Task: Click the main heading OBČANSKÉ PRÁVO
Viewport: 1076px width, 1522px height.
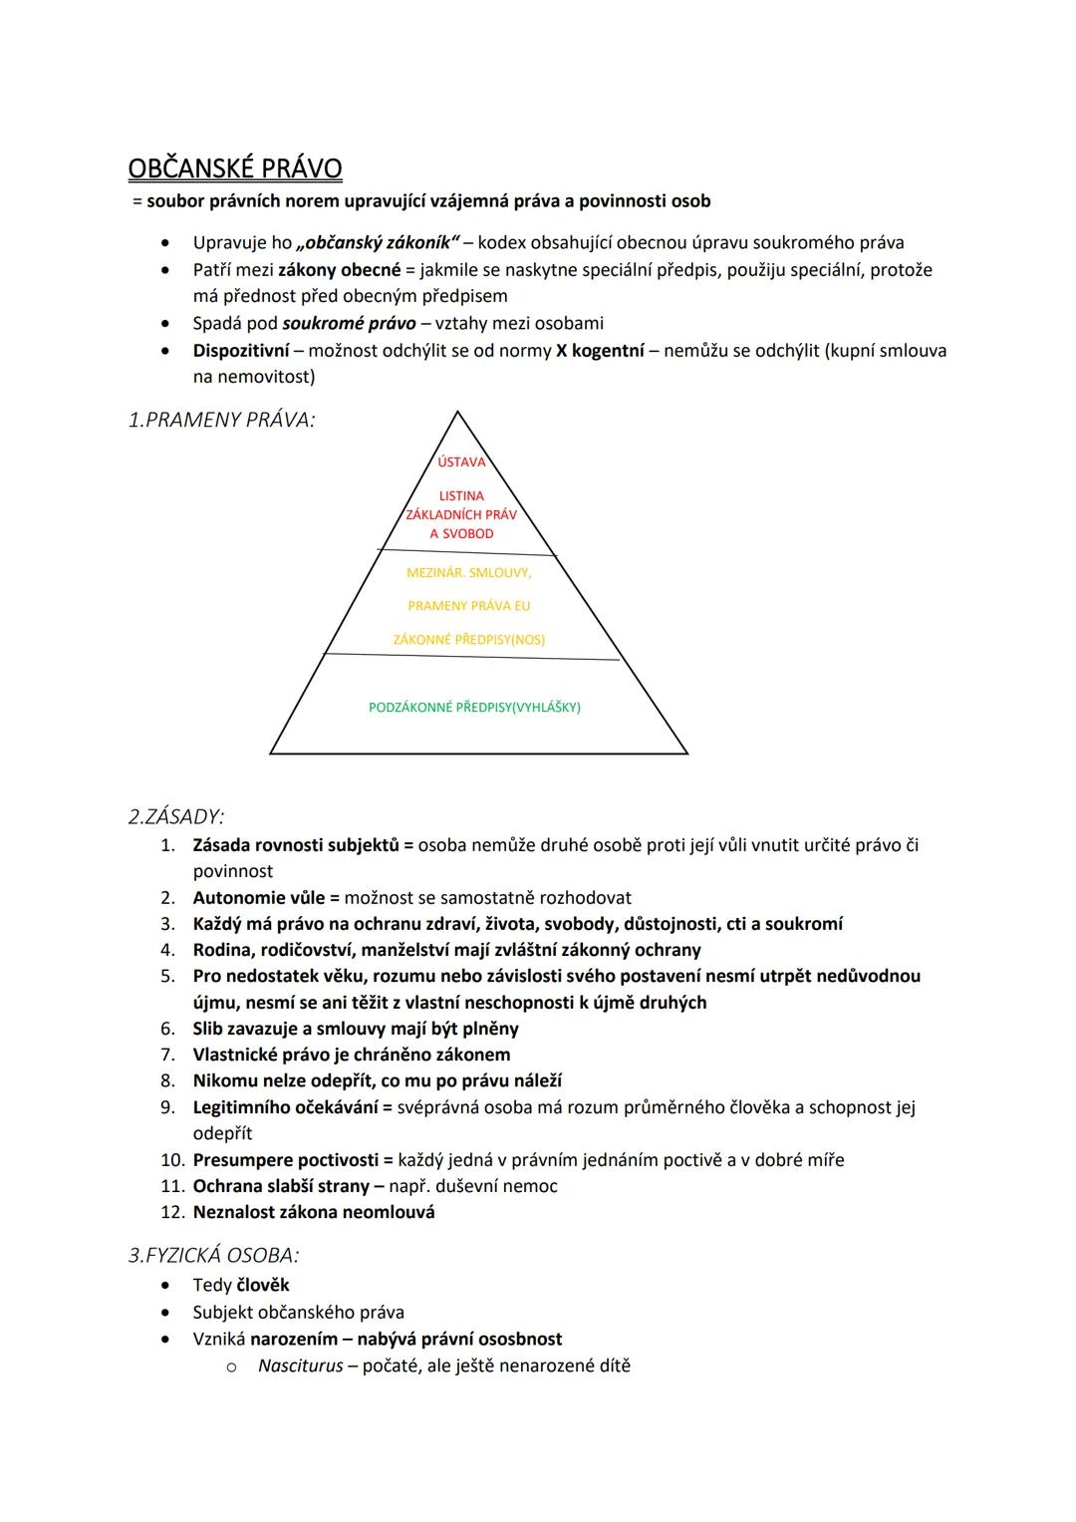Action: (x=235, y=168)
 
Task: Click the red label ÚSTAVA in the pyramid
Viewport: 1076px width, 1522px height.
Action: (x=461, y=461)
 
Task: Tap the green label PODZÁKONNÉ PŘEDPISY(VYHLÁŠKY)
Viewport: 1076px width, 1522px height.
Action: (x=474, y=708)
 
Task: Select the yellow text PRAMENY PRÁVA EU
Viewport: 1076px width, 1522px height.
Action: (x=468, y=606)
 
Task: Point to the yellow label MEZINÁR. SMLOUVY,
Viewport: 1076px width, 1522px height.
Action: (x=468, y=573)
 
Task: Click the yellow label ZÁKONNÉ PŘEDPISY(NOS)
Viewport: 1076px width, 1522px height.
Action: (x=468, y=640)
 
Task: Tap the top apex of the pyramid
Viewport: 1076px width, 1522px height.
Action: (x=457, y=412)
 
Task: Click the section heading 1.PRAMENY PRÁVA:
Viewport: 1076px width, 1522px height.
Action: (x=221, y=421)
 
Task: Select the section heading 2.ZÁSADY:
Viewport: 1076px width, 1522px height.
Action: (x=176, y=817)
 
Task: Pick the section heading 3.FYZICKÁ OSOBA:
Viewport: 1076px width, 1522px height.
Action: (x=213, y=1255)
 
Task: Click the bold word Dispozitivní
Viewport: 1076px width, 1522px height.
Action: (x=241, y=351)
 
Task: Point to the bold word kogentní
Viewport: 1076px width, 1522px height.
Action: (x=607, y=351)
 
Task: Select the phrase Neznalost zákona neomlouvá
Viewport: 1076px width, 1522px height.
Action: (x=314, y=1212)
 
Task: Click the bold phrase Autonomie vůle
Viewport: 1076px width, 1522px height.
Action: (x=259, y=898)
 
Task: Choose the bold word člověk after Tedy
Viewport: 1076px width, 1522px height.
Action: (x=263, y=1286)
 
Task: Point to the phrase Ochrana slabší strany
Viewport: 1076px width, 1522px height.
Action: (x=281, y=1186)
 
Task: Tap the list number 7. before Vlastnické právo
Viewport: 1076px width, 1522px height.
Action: (x=169, y=1055)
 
